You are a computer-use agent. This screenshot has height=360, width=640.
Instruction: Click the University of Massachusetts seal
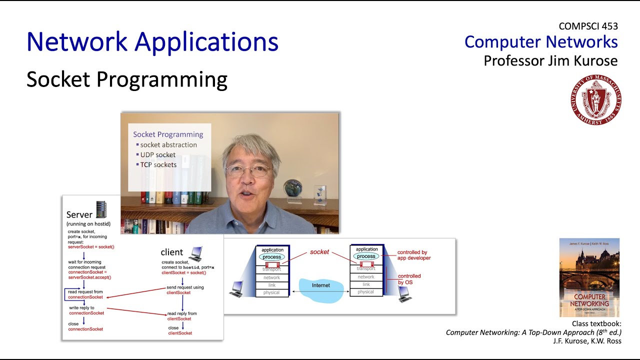click(x=595, y=99)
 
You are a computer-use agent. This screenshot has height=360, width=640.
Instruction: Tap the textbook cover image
click(x=589, y=277)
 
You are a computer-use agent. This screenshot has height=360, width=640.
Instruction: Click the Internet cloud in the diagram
click(x=321, y=289)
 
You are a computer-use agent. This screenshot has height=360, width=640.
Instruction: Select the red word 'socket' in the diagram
click(x=319, y=252)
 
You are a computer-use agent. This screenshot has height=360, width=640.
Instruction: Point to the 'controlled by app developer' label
click(x=413, y=255)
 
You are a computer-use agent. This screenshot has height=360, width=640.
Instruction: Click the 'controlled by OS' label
click(x=409, y=279)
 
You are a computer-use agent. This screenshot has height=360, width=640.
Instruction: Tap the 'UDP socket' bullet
click(x=157, y=155)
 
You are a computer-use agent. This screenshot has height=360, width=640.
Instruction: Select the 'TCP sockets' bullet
click(x=158, y=164)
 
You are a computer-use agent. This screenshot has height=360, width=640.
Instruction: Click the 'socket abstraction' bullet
click(x=168, y=145)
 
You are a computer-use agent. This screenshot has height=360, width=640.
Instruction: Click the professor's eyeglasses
click(x=248, y=171)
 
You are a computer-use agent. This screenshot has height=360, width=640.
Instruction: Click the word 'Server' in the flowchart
click(x=79, y=214)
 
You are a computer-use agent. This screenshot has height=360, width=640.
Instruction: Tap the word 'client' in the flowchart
click(x=171, y=252)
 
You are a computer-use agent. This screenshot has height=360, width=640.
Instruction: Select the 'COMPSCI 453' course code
click(x=588, y=26)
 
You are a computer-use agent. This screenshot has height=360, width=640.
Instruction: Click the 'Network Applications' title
click(x=152, y=42)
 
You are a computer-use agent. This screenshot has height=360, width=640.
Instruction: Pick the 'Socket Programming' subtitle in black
click(x=127, y=79)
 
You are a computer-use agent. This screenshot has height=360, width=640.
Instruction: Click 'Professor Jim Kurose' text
click(x=550, y=61)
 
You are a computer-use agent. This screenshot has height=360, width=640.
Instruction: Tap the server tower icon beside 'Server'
click(x=101, y=209)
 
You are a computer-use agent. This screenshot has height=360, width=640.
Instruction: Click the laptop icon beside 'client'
click(x=194, y=253)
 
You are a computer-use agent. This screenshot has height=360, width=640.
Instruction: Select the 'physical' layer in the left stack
click(x=271, y=293)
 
